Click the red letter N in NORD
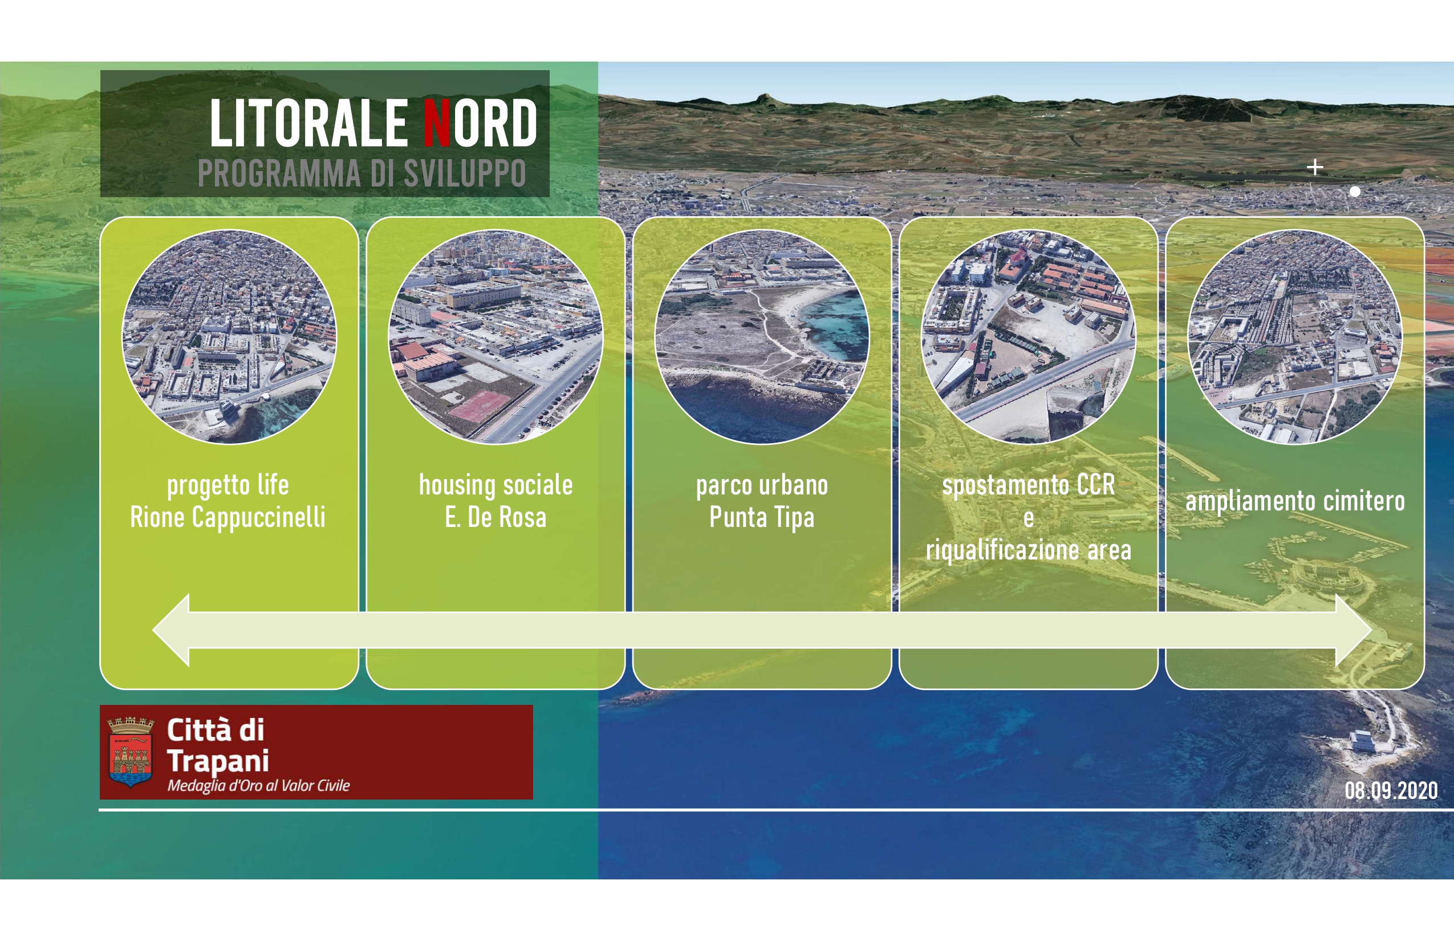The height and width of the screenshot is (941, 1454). [x=437, y=123]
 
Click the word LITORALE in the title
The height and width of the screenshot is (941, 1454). [x=309, y=123]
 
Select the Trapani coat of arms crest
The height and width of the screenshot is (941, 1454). [x=131, y=752]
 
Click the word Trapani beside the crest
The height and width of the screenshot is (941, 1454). [x=218, y=761]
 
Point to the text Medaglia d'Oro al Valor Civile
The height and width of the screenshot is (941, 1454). [x=258, y=786]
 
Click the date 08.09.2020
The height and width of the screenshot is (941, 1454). [x=1391, y=790]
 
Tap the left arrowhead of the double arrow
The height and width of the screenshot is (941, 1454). [x=171, y=630]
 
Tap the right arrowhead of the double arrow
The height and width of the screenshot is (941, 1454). [x=1354, y=630]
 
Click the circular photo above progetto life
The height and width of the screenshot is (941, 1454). [x=229, y=336]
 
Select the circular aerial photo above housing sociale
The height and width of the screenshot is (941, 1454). [x=496, y=336]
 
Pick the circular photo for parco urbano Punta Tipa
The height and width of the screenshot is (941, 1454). [x=762, y=336]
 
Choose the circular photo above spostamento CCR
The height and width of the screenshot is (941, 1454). [x=1028, y=336]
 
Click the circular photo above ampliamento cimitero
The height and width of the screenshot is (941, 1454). [x=1294, y=336]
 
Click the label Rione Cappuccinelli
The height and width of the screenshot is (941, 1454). [x=228, y=518]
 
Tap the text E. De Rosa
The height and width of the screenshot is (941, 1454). [x=496, y=518]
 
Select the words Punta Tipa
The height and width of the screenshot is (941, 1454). [x=762, y=518]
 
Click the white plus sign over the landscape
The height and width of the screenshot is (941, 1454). [x=1315, y=167]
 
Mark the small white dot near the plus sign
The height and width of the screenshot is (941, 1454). [x=1354, y=191]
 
